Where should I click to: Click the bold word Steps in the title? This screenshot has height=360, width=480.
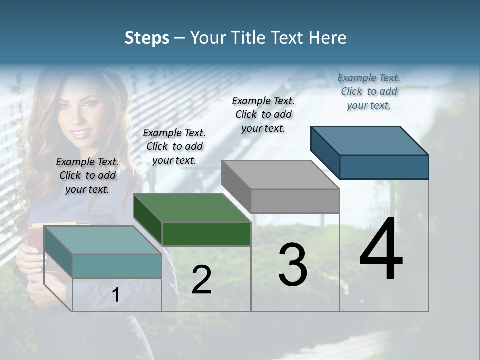[147, 38]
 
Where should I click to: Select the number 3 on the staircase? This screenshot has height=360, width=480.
[293, 264]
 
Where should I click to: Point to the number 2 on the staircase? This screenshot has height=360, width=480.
[201, 280]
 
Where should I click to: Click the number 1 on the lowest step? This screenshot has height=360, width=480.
[115, 295]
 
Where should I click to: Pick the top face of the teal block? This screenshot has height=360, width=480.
[102, 240]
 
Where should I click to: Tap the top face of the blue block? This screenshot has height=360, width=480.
[369, 140]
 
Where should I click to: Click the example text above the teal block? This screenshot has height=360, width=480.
[87, 175]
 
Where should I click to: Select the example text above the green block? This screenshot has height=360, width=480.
[174, 146]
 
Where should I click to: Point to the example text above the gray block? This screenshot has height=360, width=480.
[263, 114]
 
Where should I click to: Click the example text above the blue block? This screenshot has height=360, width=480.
[369, 91]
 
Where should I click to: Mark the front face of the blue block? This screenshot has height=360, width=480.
[384, 167]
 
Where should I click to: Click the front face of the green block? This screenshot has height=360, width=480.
[206, 234]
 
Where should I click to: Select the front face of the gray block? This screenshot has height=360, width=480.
[295, 201]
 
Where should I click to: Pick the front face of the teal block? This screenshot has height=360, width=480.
[117, 266]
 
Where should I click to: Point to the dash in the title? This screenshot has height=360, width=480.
[179, 38]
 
